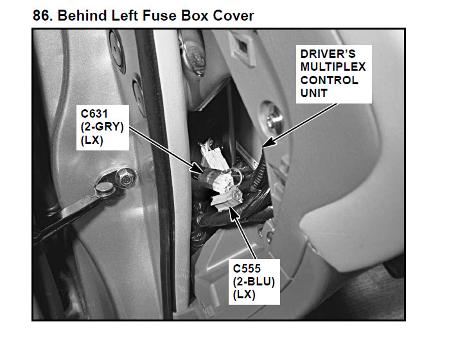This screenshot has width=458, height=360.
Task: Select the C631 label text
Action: point(94,113)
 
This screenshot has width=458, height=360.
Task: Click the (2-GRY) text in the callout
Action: point(102,127)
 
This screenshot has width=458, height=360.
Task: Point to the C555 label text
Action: point(247,268)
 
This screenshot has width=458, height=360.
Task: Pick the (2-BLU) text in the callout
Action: point(254,282)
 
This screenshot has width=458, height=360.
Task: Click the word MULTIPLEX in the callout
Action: point(333,67)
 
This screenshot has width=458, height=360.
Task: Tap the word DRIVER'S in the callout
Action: point(328,54)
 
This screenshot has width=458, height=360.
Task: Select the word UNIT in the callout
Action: point(314,93)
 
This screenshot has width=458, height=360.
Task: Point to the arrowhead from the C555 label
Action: point(233,212)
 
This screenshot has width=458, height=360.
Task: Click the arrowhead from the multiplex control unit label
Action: point(268,142)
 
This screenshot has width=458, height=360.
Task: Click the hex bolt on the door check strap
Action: point(125,177)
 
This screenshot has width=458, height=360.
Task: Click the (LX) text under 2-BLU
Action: point(244,294)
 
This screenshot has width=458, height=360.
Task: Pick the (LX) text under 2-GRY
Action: point(92,141)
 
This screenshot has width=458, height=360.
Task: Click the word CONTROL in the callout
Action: point(329,80)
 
